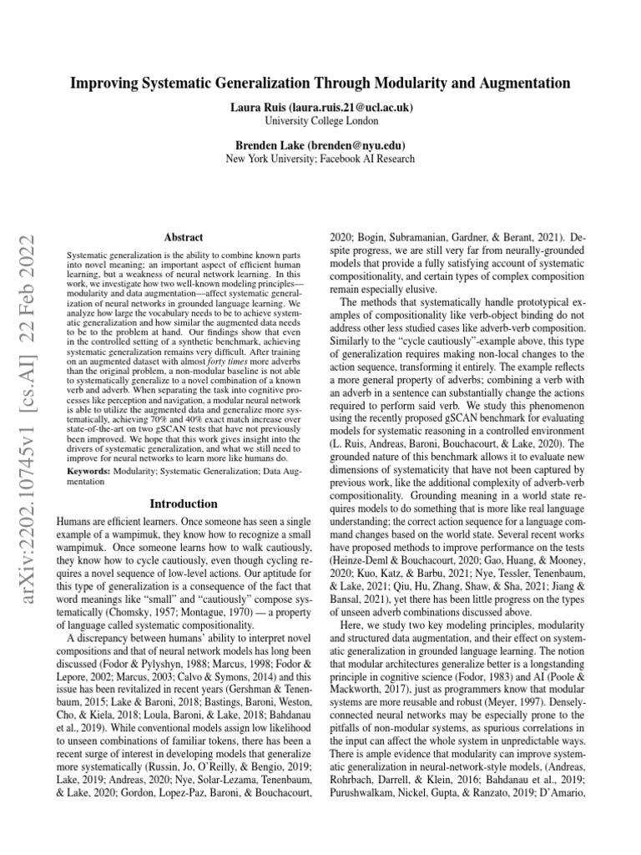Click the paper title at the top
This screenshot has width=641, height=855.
pos(320,83)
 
